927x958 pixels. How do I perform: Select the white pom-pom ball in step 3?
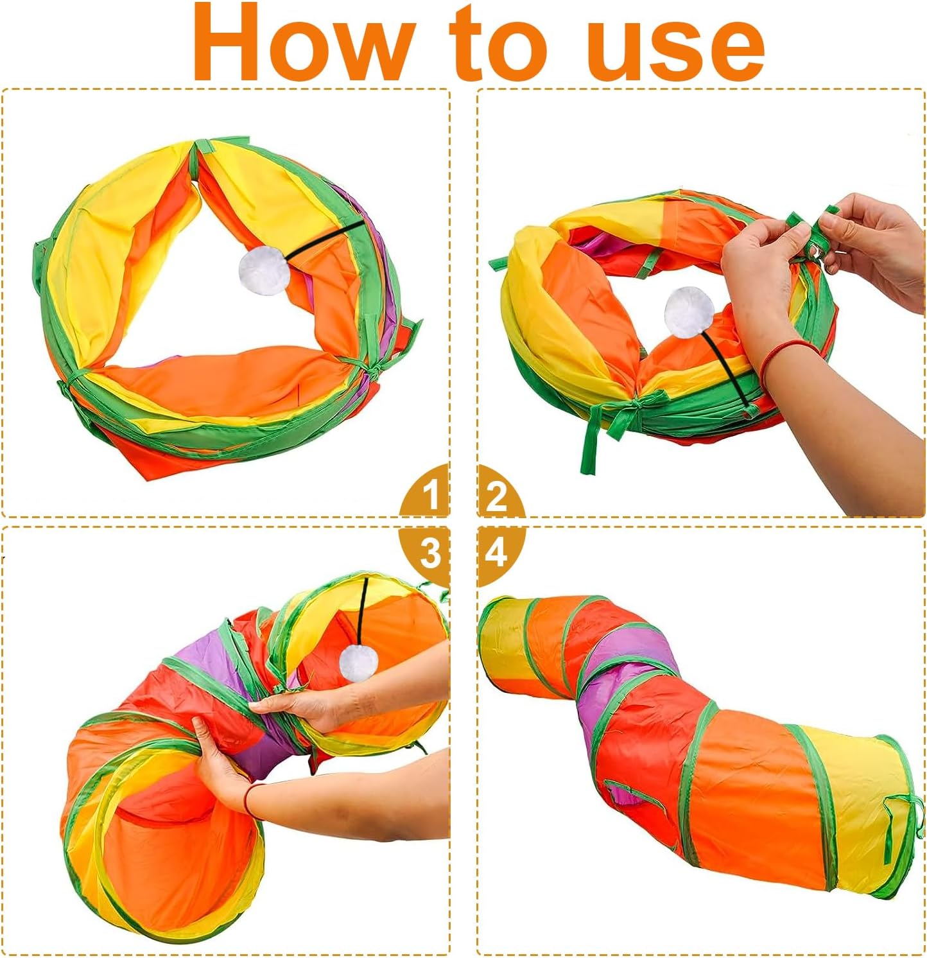(357, 663)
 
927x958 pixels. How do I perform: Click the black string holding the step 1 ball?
(324, 241)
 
